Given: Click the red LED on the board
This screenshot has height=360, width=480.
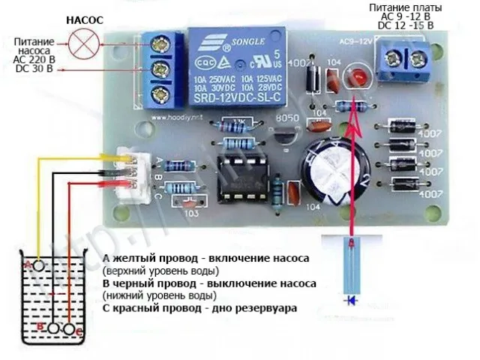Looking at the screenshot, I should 358,78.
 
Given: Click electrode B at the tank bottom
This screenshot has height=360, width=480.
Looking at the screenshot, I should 54,328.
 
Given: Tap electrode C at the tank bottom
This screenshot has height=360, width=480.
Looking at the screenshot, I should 70,328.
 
